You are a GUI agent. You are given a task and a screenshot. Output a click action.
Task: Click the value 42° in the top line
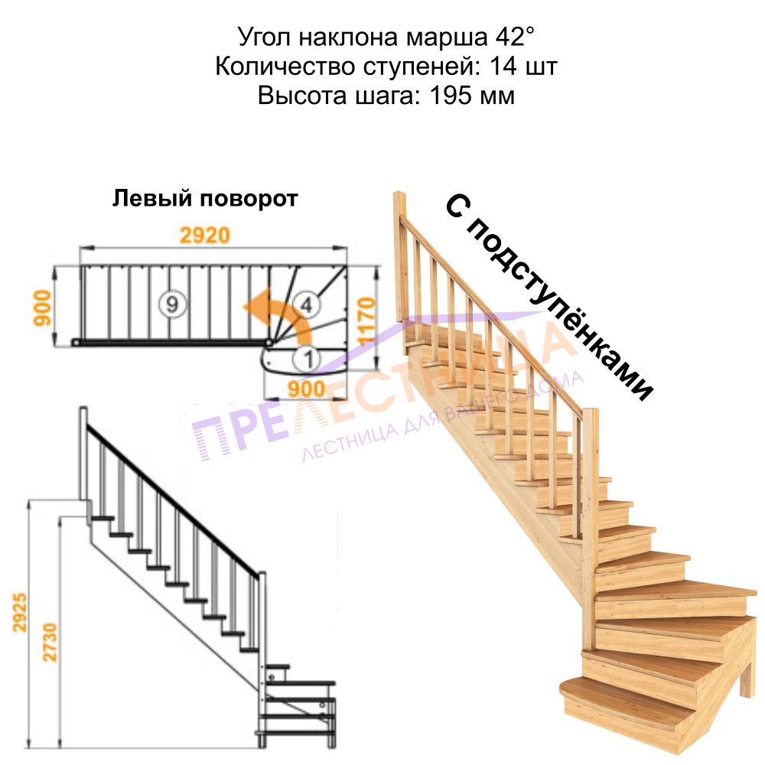tap(515, 37)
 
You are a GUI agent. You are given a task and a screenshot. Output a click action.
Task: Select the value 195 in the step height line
tap(451, 95)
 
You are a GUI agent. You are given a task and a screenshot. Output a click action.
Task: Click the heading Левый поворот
tap(205, 199)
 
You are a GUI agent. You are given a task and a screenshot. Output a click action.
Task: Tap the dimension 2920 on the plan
tap(205, 235)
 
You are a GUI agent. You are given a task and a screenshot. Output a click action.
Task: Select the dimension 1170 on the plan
tap(367, 321)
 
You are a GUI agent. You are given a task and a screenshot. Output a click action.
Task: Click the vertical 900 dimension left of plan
tap(42, 308)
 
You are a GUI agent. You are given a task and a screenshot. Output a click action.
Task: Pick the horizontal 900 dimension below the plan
tap(306, 389)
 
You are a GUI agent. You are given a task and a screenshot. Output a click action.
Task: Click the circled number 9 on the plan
tap(171, 304)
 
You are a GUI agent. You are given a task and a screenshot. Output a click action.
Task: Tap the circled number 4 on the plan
tap(306, 305)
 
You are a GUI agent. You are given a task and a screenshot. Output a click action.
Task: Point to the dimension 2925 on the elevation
tap(20, 612)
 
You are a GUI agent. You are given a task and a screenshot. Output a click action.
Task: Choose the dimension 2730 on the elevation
tap(50, 642)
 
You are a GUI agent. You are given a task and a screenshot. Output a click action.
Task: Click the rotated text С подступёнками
tap(549, 298)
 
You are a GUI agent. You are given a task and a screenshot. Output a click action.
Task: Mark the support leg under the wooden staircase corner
tap(747, 677)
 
